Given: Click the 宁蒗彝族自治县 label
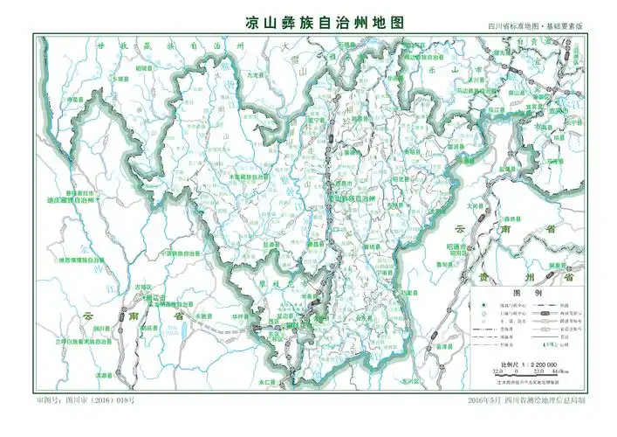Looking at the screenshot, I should tap(179, 253).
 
